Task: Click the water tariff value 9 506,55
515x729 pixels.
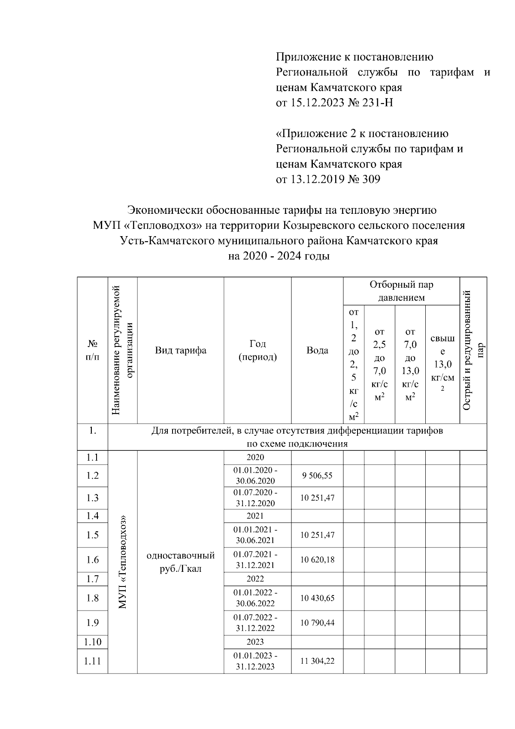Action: (x=317, y=476)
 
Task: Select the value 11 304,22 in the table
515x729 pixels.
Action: (x=317, y=661)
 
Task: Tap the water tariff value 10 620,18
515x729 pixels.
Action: (x=317, y=560)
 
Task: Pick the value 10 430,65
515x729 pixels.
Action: (x=317, y=598)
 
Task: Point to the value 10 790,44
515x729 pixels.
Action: (x=317, y=623)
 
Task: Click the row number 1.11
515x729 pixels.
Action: (x=92, y=661)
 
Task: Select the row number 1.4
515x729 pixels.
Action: (x=92, y=516)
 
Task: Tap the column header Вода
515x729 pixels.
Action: (x=317, y=350)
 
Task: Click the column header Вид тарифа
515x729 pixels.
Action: (x=181, y=350)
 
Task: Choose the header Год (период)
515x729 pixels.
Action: (x=257, y=350)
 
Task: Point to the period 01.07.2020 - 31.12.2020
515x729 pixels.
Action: (x=255, y=498)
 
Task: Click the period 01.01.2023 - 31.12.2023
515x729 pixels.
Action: (x=255, y=661)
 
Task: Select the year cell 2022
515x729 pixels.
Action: (x=255, y=579)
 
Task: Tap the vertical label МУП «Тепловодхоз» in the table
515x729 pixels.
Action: (x=123, y=562)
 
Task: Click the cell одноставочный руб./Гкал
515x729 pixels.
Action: (x=181, y=562)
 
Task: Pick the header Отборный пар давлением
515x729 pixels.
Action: (x=401, y=291)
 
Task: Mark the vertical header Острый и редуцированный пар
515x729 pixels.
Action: (x=473, y=350)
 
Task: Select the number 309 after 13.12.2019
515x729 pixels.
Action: (x=371, y=179)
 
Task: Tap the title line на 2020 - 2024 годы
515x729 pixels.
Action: (x=279, y=257)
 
